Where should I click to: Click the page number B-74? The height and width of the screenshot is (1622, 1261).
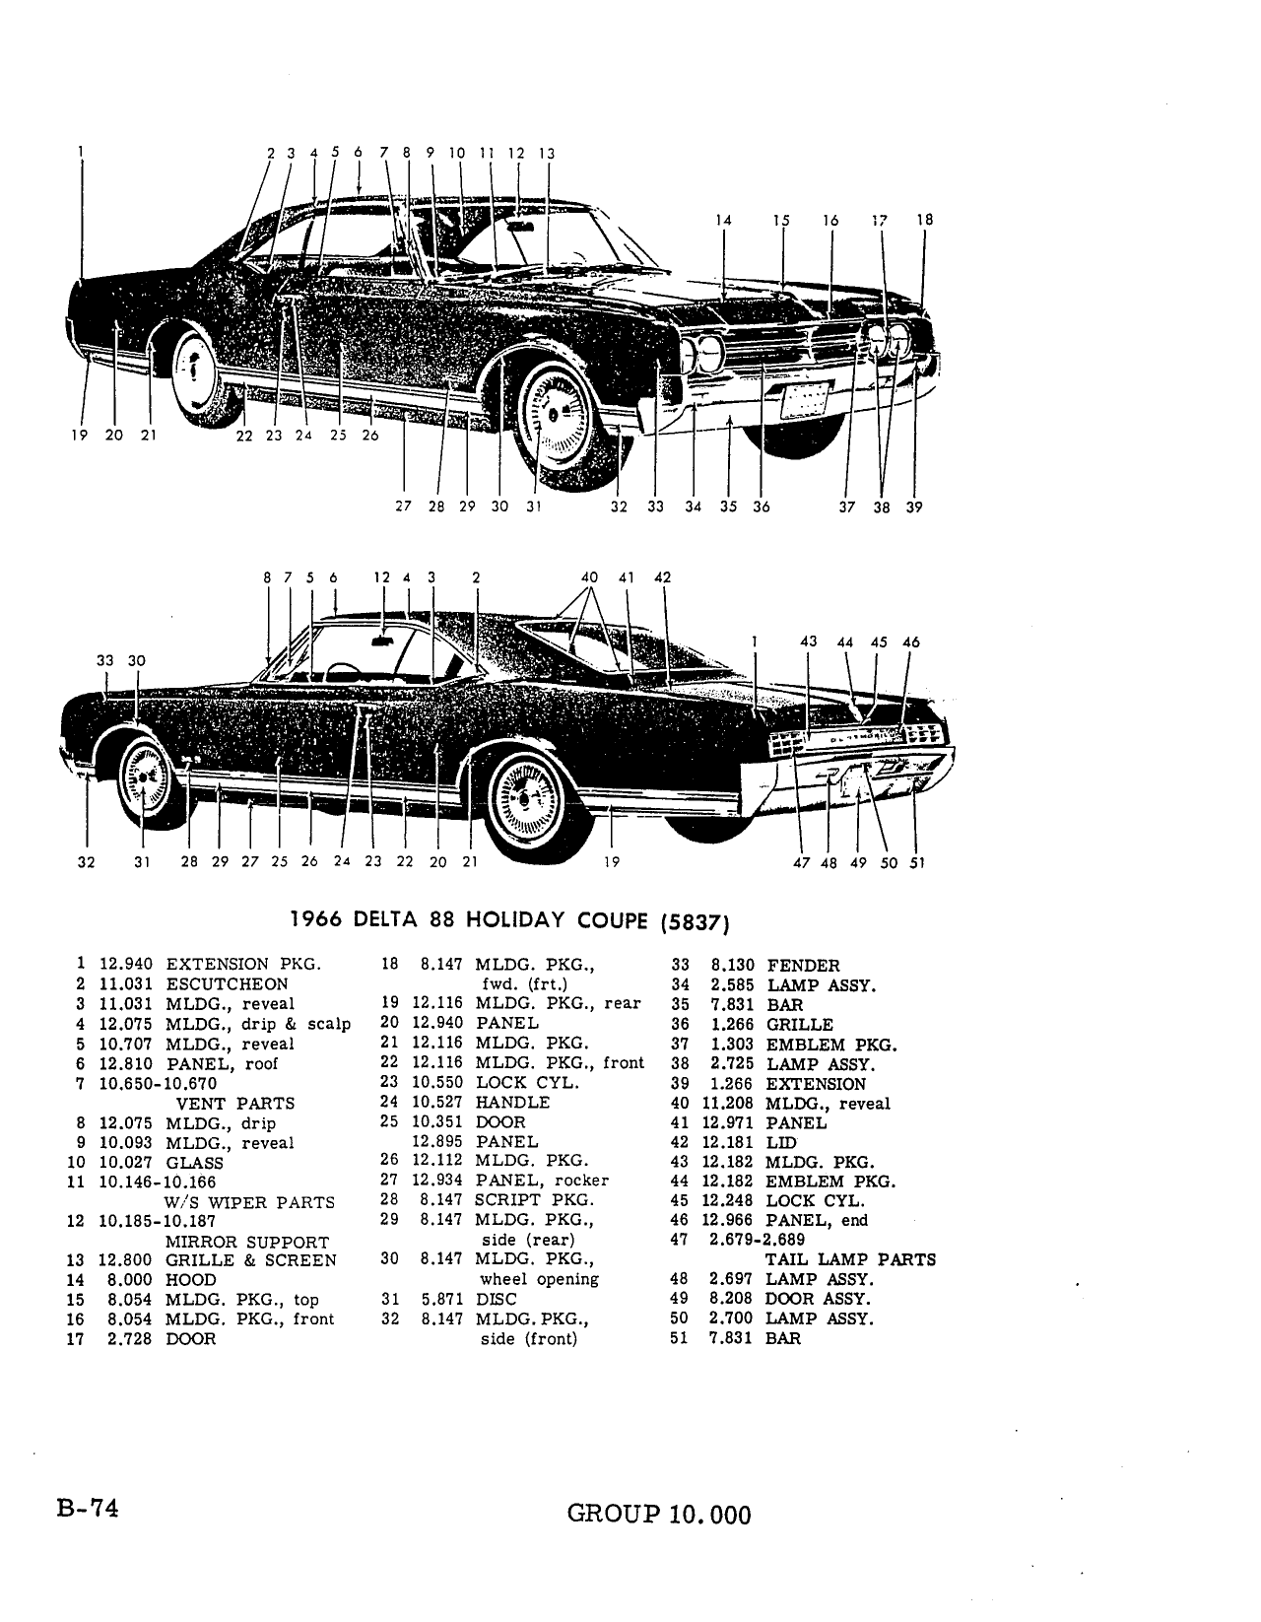(88, 1509)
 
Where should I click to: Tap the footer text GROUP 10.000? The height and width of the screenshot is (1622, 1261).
(659, 1514)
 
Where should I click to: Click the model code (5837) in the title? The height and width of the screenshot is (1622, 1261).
(695, 922)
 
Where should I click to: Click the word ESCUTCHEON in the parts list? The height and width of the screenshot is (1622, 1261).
(227, 983)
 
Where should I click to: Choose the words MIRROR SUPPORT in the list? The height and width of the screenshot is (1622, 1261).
(247, 1242)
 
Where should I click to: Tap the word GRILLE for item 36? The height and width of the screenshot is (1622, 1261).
(800, 1025)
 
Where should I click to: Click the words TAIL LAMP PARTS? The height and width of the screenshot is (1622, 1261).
(850, 1260)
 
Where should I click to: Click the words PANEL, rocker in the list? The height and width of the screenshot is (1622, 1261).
(542, 1181)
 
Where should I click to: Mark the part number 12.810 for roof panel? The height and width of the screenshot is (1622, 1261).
(125, 1063)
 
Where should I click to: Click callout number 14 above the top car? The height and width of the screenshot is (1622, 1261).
(723, 220)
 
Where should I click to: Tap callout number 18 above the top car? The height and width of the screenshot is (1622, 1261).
(924, 220)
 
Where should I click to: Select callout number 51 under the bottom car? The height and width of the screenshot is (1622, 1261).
(917, 863)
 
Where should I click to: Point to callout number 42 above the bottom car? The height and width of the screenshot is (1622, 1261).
(663, 577)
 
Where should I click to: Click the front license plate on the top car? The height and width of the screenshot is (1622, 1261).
(804, 398)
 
